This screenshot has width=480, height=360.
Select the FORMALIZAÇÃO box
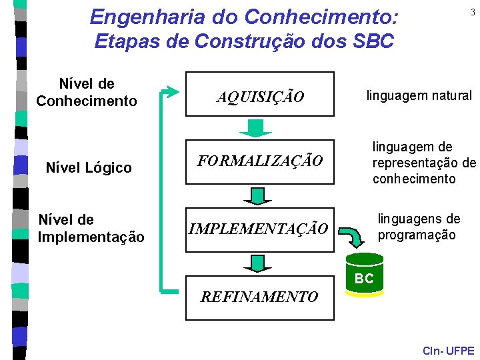(x=259, y=161)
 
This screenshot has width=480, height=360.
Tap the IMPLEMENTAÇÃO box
(x=259, y=229)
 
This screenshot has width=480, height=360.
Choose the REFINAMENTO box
(x=259, y=297)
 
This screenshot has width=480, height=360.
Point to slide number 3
(x=472, y=13)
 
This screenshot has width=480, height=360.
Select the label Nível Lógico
(x=88, y=167)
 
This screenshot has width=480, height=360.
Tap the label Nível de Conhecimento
(x=87, y=93)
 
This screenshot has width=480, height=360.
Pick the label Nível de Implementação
(x=91, y=228)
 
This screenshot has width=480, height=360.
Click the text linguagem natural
(x=419, y=96)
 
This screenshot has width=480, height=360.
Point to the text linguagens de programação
(x=418, y=227)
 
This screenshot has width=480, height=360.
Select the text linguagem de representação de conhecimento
(x=423, y=163)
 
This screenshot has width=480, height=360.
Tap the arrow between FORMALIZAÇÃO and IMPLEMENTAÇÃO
(x=254, y=195)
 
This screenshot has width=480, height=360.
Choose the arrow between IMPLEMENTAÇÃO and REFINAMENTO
(x=254, y=263)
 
